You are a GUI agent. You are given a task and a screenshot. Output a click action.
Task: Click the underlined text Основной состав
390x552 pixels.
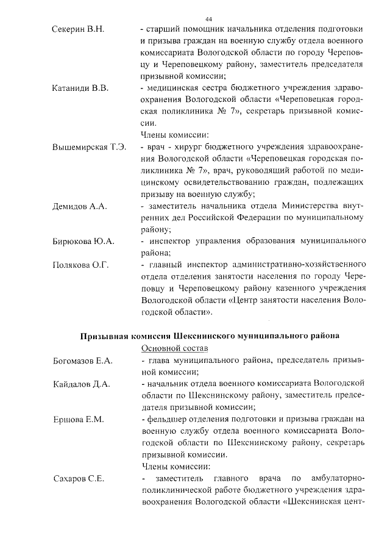click(166, 348)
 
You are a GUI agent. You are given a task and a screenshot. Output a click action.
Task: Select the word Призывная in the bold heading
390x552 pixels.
click(104, 335)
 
